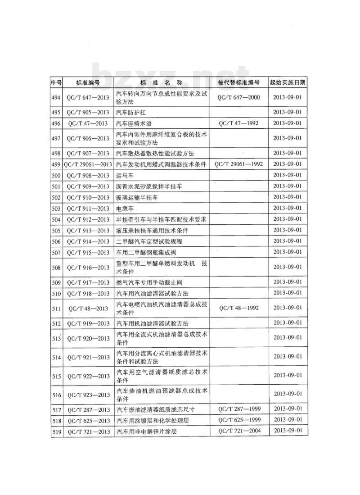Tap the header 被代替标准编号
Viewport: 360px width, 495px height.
coord(238,83)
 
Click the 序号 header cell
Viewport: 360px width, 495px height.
coord(56,83)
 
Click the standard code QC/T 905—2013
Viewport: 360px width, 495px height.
coord(88,112)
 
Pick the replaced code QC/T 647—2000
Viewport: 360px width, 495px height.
coord(238,97)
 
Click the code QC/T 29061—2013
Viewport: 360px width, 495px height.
coord(88,164)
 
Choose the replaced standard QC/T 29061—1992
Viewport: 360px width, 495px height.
coord(238,164)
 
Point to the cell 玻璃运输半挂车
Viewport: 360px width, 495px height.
coord(137,197)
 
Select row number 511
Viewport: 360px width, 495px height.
coord(56,309)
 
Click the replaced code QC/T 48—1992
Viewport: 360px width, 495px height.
coord(238,308)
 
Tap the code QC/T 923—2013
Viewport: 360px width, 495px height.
coord(88,395)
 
